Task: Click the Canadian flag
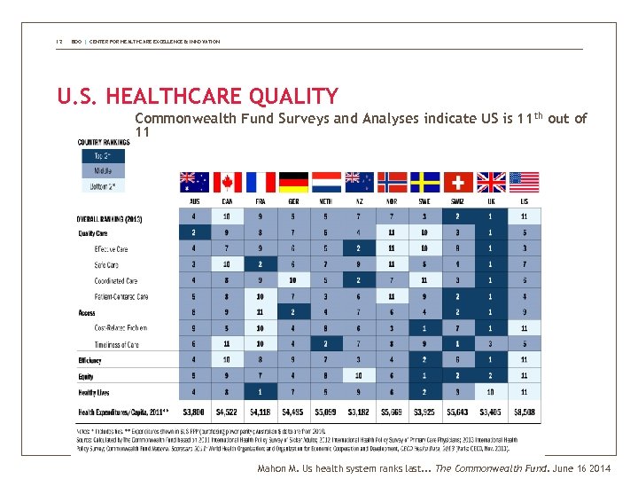[227, 182]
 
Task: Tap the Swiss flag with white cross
[459, 182]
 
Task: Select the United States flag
[525, 182]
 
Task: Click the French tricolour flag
[261, 182]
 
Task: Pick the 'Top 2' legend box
[101, 156]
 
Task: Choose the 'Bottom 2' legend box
[101, 185]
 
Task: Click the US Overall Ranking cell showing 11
[525, 217]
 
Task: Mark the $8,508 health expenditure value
[525, 412]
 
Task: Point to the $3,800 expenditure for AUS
[194, 412]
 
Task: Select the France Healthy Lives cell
[261, 392]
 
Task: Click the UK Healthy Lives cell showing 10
[492, 392]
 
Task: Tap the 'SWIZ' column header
[458, 201]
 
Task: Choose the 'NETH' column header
[327, 201]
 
